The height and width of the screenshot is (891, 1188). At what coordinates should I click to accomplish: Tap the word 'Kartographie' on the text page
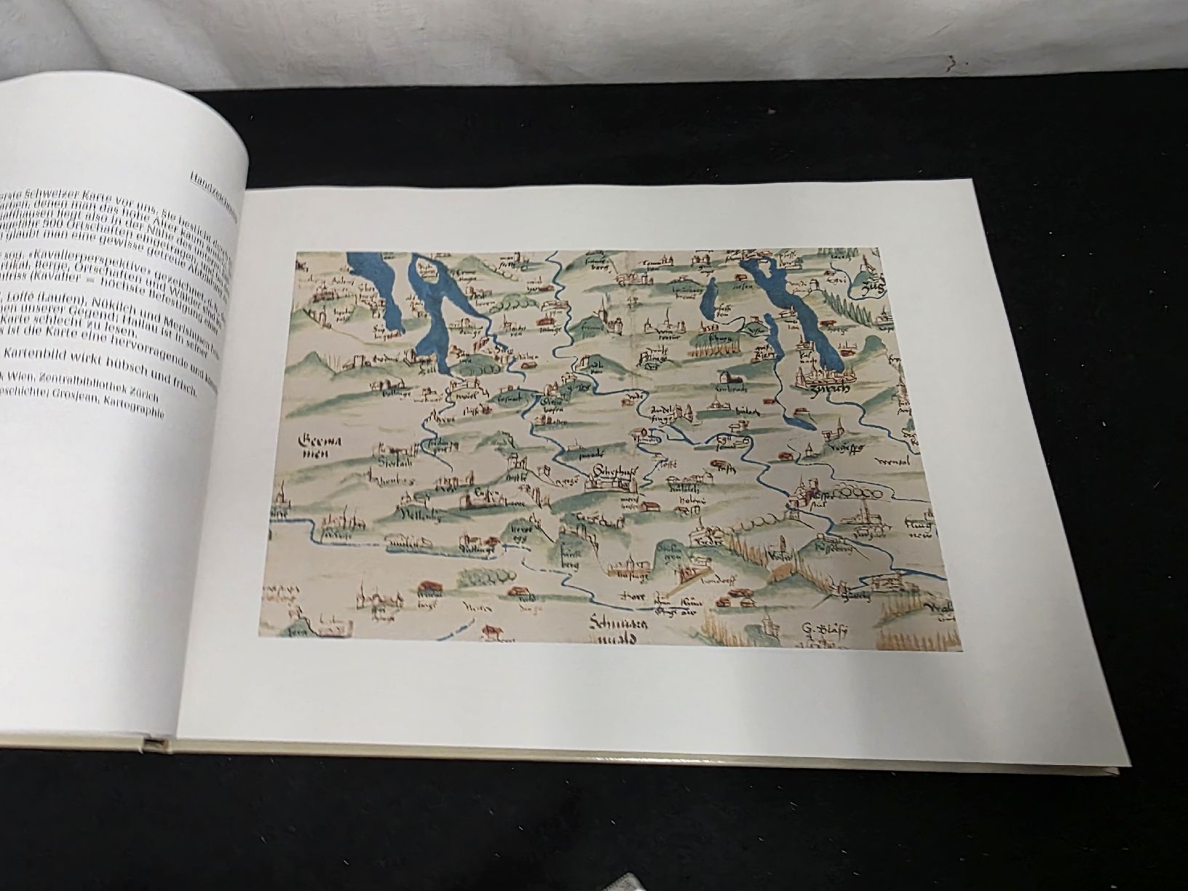[132, 408]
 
